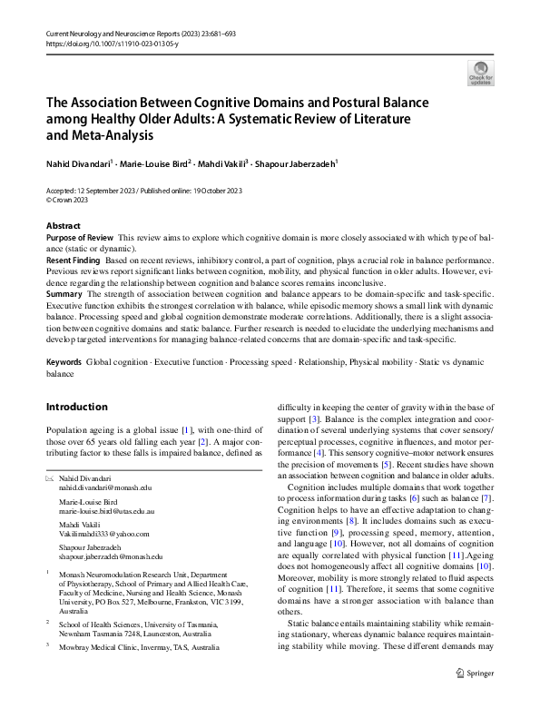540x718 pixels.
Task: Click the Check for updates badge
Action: point(480,72)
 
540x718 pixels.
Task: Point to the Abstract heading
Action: point(63,225)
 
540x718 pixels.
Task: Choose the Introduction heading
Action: point(76,407)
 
